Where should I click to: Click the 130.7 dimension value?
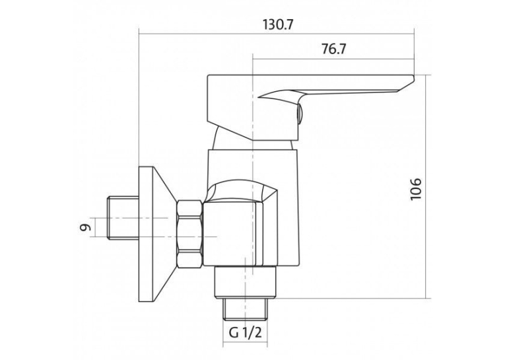(279, 24)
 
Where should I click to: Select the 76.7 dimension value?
(333, 49)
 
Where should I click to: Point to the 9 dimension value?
(85, 227)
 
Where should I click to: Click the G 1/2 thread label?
(245, 332)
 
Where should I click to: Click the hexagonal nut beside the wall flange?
(189, 234)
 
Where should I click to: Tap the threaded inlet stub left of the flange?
(123, 218)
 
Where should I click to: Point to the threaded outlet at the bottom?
(246, 309)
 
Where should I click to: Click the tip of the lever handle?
(413, 76)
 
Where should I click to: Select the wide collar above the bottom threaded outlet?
(246, 282)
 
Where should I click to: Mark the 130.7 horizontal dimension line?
(277, 33)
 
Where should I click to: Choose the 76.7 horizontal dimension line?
(333, 59)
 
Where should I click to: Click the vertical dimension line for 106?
(426, 187)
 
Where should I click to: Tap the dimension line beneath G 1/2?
(245, 343)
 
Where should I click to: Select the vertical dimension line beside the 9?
(95, 227)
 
